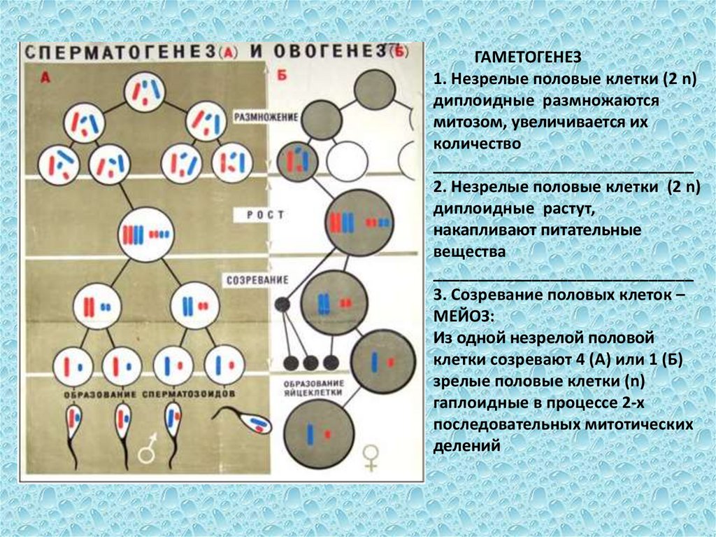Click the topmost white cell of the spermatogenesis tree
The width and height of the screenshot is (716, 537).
pyautogui.click(x=145, y=92)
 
